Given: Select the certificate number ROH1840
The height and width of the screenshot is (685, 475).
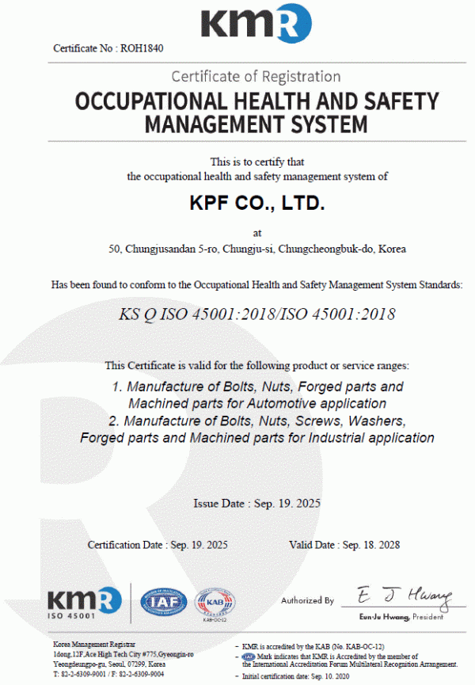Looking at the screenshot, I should coord(143,48).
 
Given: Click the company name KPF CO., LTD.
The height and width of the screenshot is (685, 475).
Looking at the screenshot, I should coord(257,203).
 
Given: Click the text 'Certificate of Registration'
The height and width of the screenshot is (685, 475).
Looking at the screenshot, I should coord(256,77).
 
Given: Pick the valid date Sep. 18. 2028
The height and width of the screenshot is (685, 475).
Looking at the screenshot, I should coord(370,545).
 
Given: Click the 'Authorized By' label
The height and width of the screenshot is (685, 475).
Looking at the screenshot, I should coord(307,601).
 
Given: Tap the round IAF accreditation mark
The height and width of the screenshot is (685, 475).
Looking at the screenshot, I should coord(164,603).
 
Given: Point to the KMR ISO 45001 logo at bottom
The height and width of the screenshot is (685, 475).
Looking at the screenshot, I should coord(83,603).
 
